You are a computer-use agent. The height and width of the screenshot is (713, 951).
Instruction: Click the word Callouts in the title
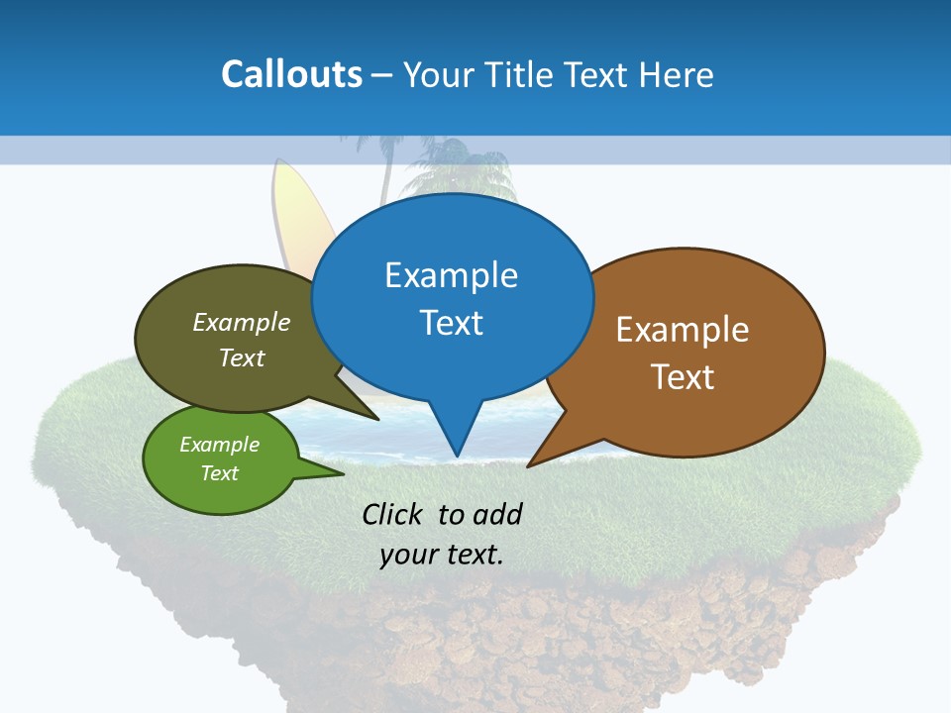click(291, 74)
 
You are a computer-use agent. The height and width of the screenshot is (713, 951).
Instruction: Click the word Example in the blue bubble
click(451, 275)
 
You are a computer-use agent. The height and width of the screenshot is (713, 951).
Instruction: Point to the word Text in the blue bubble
click(451, 323)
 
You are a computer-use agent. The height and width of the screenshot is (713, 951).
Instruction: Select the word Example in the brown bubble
click(683, 330)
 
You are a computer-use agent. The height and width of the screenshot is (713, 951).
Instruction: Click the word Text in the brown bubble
click(683, 377)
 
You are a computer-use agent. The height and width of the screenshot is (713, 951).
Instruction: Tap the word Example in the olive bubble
click(242, 323)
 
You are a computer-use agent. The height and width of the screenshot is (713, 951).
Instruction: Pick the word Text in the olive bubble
click(242, 358)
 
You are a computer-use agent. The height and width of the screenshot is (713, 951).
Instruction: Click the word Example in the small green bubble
click(219, 446)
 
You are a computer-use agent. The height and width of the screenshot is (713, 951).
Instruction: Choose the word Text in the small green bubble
click(219, 473)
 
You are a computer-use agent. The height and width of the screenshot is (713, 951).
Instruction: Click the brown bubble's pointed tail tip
click(529, 465)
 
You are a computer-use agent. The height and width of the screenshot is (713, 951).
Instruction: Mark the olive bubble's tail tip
click(377, 419)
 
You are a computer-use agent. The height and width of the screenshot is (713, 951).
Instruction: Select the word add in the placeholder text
click(497, 514)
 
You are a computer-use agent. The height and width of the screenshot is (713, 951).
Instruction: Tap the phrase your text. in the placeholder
click(442, 555)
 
